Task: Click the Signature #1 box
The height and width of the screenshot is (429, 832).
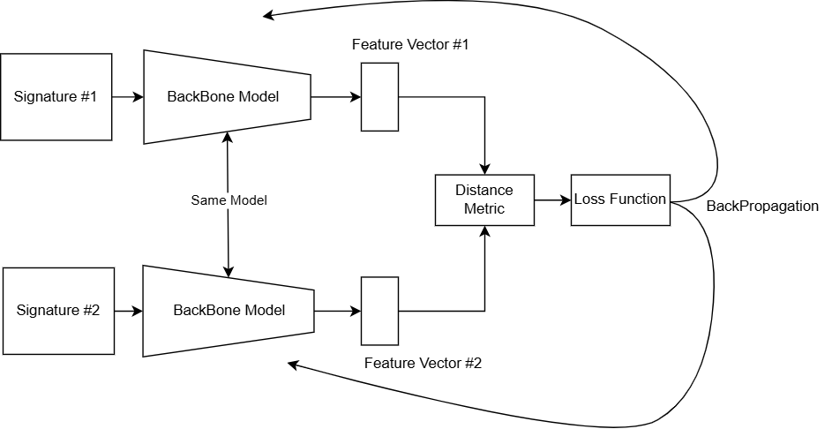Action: click(56, 96)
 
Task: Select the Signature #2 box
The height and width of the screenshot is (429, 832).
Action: click(58, 311)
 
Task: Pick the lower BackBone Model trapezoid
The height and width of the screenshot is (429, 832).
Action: click(229, 311)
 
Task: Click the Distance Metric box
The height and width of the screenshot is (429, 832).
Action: click(484, 199)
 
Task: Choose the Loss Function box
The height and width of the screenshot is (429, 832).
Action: click(620, 199)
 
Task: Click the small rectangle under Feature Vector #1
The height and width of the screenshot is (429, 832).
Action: click(379, 97)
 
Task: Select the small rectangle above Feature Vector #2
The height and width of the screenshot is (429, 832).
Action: click(379, 311)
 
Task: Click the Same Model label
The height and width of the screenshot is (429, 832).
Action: click(229, 200)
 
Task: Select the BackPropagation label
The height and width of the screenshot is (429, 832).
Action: click(762, 207)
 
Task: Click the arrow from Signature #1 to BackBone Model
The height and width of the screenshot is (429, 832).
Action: click(128, 96)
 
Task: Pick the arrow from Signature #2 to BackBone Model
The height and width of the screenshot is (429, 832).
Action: click(129, 311)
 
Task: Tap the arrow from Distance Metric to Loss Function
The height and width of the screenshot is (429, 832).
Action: click(552, 199)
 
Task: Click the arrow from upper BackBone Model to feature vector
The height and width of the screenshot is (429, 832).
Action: click(336, 97)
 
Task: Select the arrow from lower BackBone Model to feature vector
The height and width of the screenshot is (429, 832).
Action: click(338, 311)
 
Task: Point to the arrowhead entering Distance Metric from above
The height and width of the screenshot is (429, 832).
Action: click(484, 168)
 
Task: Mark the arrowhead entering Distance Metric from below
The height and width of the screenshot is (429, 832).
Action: click(484, 232)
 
